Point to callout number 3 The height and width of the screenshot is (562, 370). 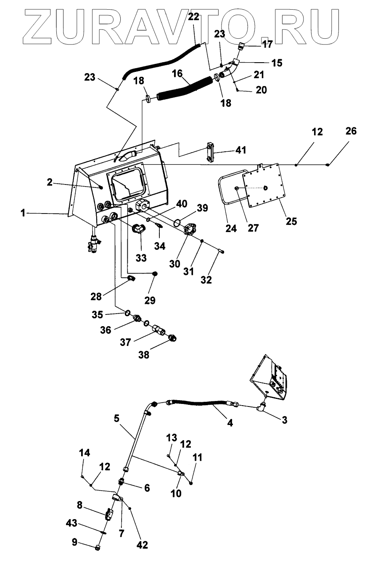pos(284,420)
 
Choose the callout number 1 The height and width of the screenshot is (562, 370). pos(23,213)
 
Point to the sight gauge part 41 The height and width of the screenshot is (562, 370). pos(210,152)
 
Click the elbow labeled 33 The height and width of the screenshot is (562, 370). pos(138,229)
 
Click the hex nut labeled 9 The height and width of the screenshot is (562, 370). pos(97,548)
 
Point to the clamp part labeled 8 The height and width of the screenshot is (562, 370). pos(109,514)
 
